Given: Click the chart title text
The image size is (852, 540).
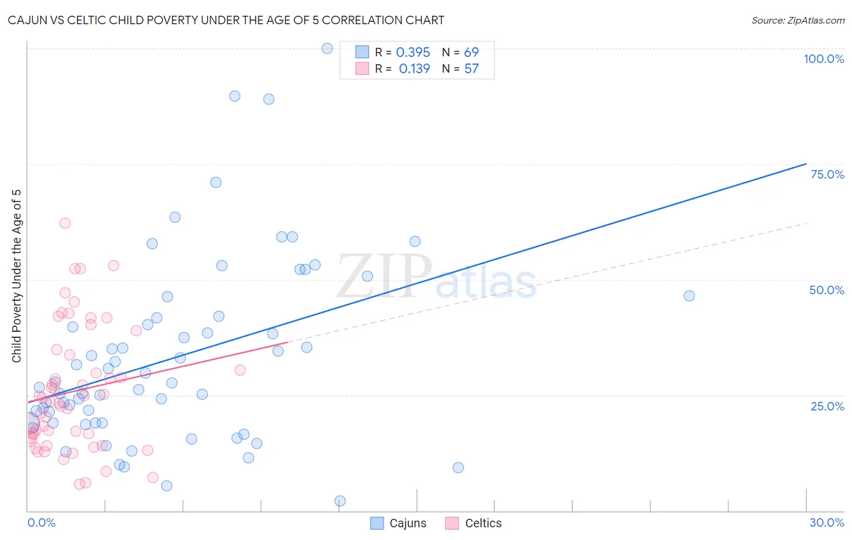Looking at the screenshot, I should coord(226,20).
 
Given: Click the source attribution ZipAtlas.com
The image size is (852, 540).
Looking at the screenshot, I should coord(797,20).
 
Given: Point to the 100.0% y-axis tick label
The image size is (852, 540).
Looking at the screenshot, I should coord(824,59).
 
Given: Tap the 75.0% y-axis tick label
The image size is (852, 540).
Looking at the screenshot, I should coord(827,174).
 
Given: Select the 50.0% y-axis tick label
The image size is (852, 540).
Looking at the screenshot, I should coord(827,290).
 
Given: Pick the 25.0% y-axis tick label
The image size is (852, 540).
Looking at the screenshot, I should coord(827,406).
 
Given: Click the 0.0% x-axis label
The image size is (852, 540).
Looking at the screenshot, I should coord(41,522).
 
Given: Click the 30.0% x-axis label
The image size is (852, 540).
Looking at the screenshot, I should coord(827,522).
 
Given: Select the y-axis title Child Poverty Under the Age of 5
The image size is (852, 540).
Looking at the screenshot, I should coord(16,276).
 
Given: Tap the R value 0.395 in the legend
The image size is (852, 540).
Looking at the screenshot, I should coord(413,53).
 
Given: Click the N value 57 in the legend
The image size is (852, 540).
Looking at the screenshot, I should coord(471,69).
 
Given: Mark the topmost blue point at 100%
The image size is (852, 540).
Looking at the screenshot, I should coord(327,48).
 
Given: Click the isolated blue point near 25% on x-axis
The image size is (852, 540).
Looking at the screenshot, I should coord(689,296).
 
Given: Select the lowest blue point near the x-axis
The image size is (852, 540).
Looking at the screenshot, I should coord(340,501).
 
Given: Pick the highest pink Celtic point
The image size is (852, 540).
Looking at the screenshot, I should coord(65,223).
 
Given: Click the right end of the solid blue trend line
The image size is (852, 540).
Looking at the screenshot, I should coord(807,163).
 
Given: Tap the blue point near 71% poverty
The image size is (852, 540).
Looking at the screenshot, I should coord(216,182).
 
